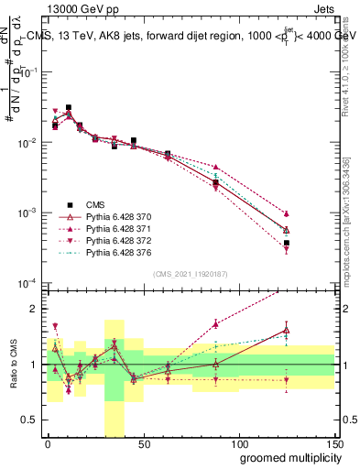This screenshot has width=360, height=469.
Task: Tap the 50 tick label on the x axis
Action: click(x=143, y=442)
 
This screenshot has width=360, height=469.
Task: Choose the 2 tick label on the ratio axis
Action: click(x=35, y=309)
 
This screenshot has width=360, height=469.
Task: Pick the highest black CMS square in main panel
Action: click(x=69, y=108)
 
